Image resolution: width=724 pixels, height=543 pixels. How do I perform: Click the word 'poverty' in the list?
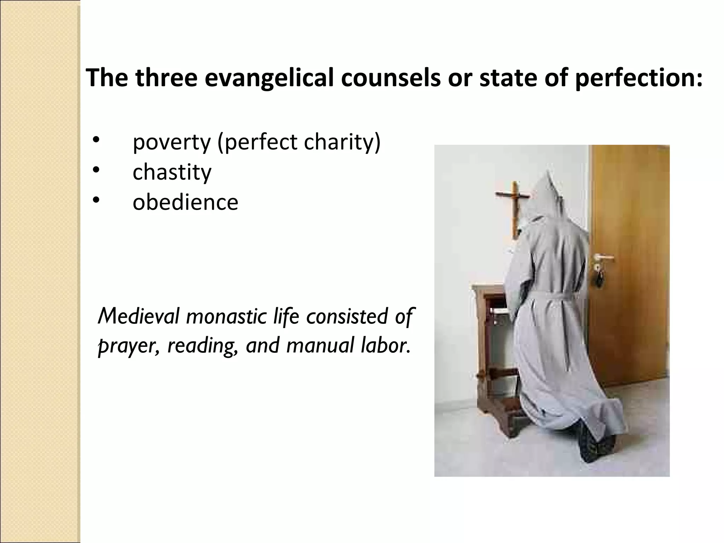point(171,142)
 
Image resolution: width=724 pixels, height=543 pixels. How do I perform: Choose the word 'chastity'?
point(172,172)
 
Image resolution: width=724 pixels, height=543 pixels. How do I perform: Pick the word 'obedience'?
point(185,202)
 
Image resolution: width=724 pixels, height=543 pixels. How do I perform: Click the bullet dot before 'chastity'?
point(95,170)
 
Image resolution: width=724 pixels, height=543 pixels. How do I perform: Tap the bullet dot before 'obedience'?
point(95,200)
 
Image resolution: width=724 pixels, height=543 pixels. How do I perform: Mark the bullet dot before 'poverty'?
point(95,140)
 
